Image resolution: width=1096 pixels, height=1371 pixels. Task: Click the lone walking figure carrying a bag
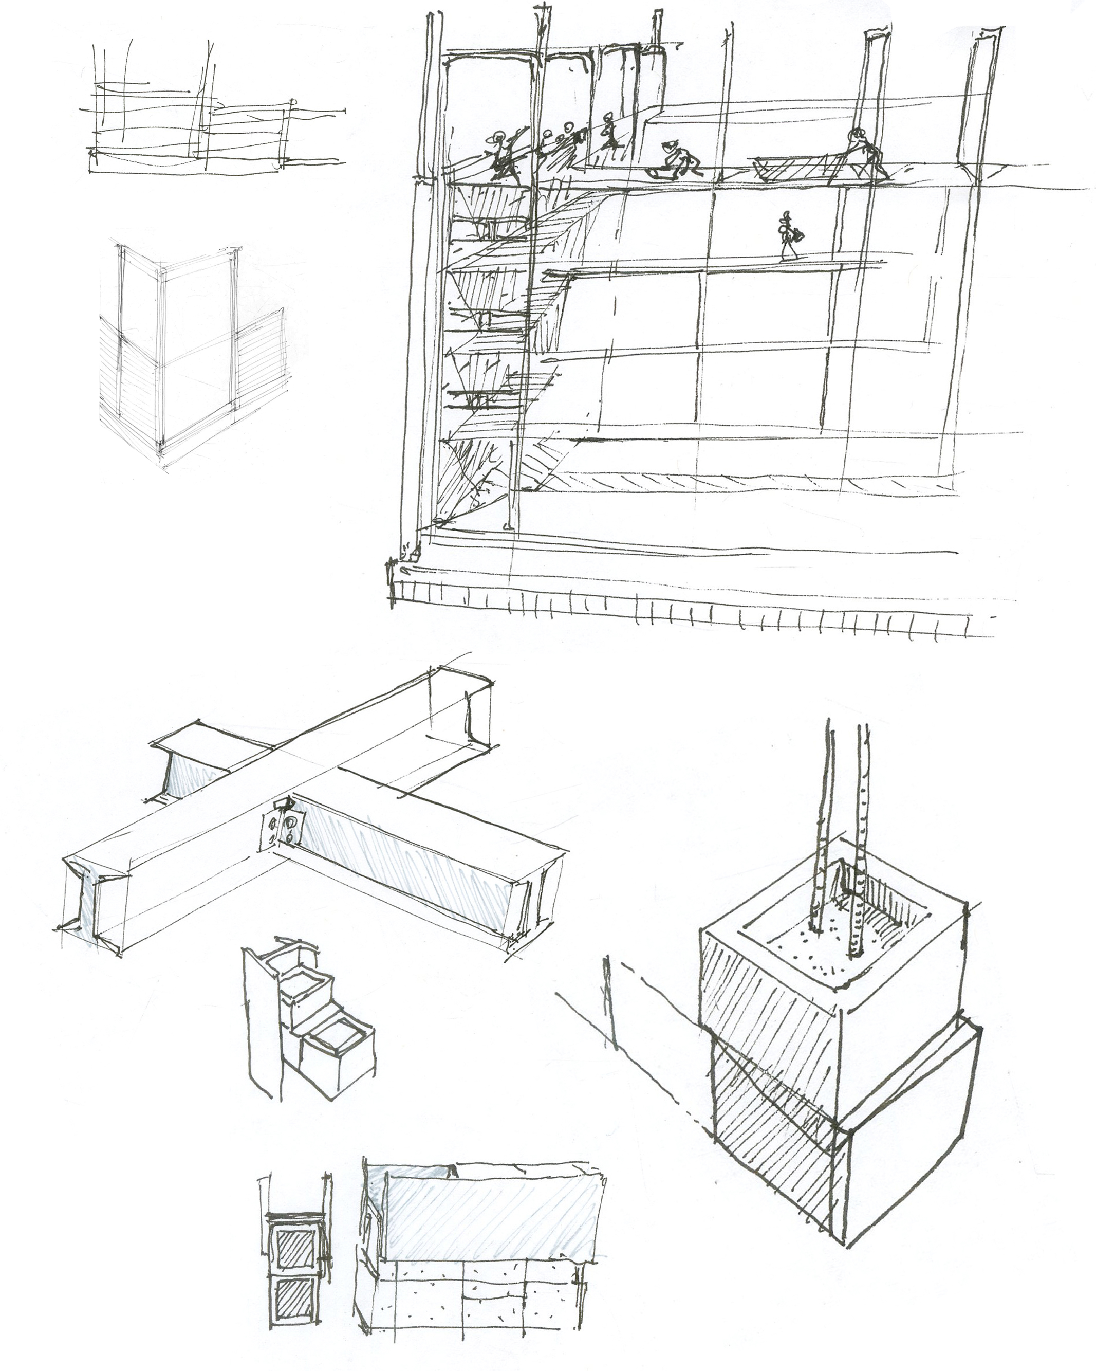(788, 237)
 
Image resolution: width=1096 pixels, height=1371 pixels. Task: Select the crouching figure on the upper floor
(678, 158)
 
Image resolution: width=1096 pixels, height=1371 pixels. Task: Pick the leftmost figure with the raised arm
(502, 156)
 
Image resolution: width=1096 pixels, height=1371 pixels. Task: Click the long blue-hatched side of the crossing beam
(407, 862)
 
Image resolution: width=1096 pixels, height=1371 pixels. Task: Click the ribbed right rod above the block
(860, 839)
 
